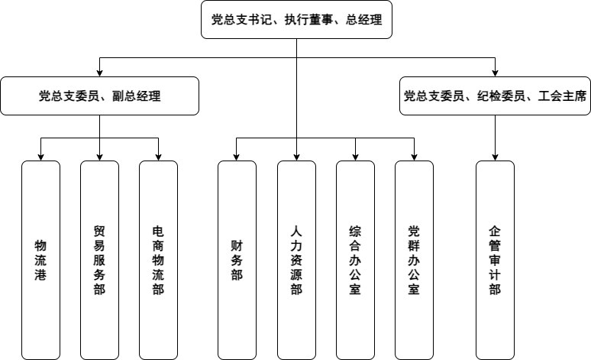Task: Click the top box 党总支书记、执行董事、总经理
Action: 296,20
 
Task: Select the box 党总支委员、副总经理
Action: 100,96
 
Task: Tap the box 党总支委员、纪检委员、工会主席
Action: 495,96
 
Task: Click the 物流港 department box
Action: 40,260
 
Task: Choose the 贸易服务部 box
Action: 99,260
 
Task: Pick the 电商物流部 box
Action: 158,260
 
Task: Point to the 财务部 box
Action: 237,260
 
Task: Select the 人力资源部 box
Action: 296,260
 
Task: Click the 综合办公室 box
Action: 355,260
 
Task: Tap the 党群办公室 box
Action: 414,260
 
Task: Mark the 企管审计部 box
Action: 495,260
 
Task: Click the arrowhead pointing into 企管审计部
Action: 495,157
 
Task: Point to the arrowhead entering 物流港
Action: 40,157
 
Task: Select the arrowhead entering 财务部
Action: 237,157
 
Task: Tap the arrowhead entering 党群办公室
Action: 414,157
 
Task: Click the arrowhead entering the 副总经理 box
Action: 100,73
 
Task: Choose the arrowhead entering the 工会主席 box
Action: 495,73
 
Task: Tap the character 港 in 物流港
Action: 40,274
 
